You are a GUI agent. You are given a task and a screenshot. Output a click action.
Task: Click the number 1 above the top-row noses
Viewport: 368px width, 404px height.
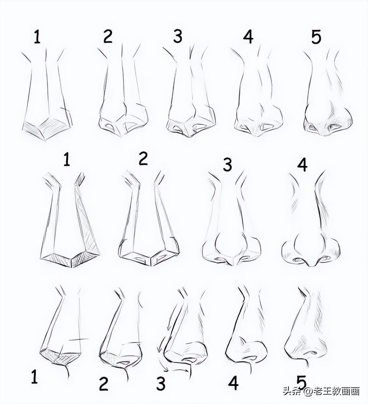click(x=37, y=36)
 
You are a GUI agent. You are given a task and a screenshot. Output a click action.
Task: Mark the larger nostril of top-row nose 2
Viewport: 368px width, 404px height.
click(x=131, y=125)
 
